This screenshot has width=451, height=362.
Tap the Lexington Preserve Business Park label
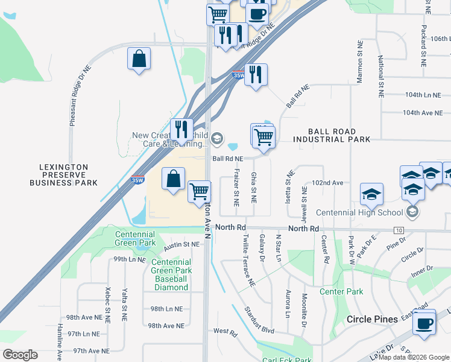pos(63,175)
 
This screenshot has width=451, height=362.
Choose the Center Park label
pos(341,291)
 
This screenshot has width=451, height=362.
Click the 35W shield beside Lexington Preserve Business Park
pos(137,180)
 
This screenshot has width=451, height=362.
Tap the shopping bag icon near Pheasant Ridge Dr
pos(139,59)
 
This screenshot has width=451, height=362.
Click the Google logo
pos(20,355)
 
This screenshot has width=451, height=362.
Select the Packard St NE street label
pos(424,46)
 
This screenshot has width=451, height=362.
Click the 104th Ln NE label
pos(423,95)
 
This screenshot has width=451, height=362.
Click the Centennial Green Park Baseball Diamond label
pos(171,275)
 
